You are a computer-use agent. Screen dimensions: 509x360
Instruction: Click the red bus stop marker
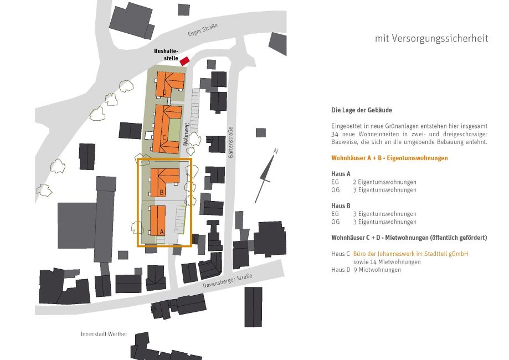click(184, 61)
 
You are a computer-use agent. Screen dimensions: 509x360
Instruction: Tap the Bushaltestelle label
click(166, 55)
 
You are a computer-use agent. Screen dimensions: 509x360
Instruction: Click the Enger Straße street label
click(203, 30)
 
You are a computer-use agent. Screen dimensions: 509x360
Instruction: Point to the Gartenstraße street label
click(231, 142)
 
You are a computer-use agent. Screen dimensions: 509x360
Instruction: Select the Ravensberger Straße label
click(228, 281)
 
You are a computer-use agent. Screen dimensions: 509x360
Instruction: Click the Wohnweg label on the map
click(186, 135)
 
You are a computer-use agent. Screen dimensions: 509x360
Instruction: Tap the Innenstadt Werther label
click(104, 334)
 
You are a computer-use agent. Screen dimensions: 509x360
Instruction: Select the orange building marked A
click(158, 220)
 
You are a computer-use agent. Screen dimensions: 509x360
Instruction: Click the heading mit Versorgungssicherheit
click(431, 38)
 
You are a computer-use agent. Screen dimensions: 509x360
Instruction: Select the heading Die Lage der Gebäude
click(362, 110)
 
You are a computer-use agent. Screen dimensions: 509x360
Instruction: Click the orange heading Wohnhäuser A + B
click(389, 158)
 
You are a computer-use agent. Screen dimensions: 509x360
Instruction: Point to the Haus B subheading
click(341, 206)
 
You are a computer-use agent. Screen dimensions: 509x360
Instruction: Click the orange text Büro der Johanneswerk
click(410, 254)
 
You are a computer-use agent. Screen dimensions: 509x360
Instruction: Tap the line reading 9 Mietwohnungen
click(377, 270)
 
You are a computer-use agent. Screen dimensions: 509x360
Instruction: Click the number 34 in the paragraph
click(335, 134)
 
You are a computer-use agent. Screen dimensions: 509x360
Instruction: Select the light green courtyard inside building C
click(174, 130)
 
